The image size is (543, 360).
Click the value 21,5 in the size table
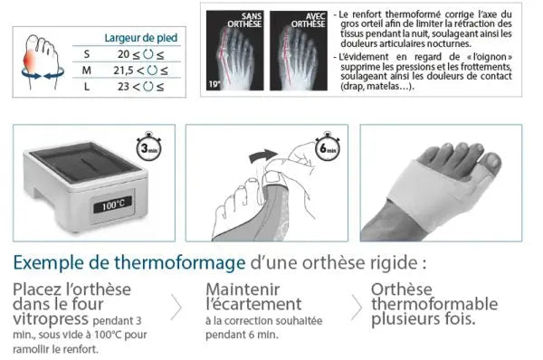point(123,70)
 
